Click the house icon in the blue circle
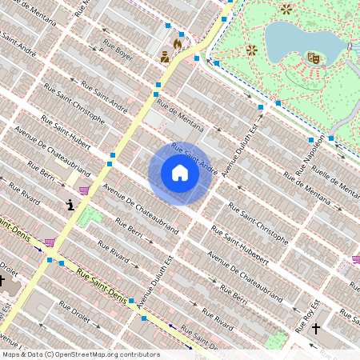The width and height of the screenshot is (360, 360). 180,173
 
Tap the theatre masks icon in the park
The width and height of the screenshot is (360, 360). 314,58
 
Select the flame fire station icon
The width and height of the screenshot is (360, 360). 178,44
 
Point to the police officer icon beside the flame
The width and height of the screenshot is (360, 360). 165,57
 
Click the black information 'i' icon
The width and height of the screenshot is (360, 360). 70,205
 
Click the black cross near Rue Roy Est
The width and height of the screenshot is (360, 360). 316,328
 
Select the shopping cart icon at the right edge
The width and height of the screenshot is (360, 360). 355,258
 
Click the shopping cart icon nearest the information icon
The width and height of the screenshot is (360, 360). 83,190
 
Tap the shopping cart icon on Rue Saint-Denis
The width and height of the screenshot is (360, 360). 50,241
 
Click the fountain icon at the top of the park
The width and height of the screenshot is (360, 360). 286,9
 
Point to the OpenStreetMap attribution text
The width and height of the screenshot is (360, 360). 80,354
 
